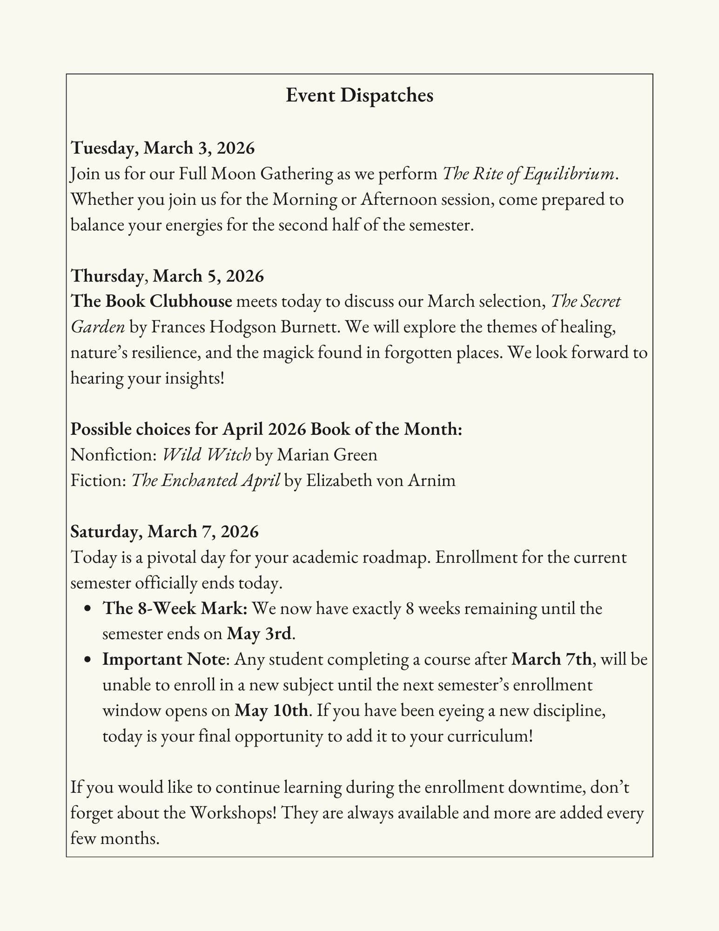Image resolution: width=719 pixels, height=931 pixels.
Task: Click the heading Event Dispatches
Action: [x=359, y=95]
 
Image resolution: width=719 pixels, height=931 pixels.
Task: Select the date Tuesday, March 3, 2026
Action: [x=163, y=148]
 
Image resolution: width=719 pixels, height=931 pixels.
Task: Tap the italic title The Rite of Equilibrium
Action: [x=530, y=174]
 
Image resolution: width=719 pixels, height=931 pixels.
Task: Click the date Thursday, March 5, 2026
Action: [x=168, y=276]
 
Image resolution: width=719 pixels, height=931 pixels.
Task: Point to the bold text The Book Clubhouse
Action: [x=151, y=302]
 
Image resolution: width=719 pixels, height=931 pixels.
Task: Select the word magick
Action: [x=288, y=353]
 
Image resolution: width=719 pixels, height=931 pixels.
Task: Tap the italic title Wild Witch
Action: [x=207, y=454]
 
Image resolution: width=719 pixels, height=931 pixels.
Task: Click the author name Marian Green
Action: [x=327, y=454]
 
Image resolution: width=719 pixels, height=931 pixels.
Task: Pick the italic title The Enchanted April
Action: [x=206, y=480]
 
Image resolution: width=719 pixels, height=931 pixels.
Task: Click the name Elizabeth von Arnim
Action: [x=380, y=480]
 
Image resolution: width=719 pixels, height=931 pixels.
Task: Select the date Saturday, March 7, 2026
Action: [x=165, y=531]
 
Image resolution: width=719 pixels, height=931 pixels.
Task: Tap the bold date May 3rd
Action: [x=259, y=634]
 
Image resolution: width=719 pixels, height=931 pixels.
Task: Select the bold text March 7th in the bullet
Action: [x=551, y=660]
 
